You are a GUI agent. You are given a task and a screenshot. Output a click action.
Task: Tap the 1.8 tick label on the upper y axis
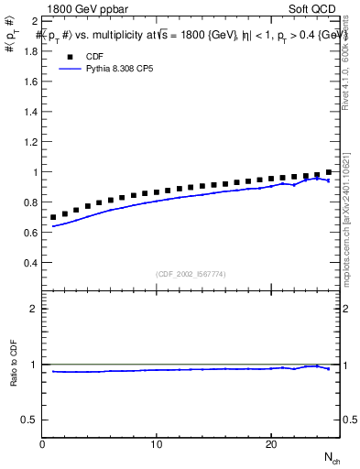point(30,51)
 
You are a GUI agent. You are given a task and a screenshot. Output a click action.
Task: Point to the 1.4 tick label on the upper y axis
point(30,112)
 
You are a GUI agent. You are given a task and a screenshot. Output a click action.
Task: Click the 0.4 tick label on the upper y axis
point(30,263)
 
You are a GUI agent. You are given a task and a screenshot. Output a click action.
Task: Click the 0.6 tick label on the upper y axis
point(30,233)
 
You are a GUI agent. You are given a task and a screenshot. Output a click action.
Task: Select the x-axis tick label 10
point(157,444)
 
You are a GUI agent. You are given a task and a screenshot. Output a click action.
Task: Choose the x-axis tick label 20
point(270,444)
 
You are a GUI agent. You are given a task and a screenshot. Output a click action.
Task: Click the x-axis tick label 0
point(43,444)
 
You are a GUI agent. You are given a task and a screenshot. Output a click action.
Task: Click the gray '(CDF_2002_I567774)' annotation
point(191,273)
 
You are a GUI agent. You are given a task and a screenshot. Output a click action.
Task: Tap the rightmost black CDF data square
point(329,172)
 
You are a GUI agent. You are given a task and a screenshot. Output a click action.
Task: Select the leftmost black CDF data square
point(54,217)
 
